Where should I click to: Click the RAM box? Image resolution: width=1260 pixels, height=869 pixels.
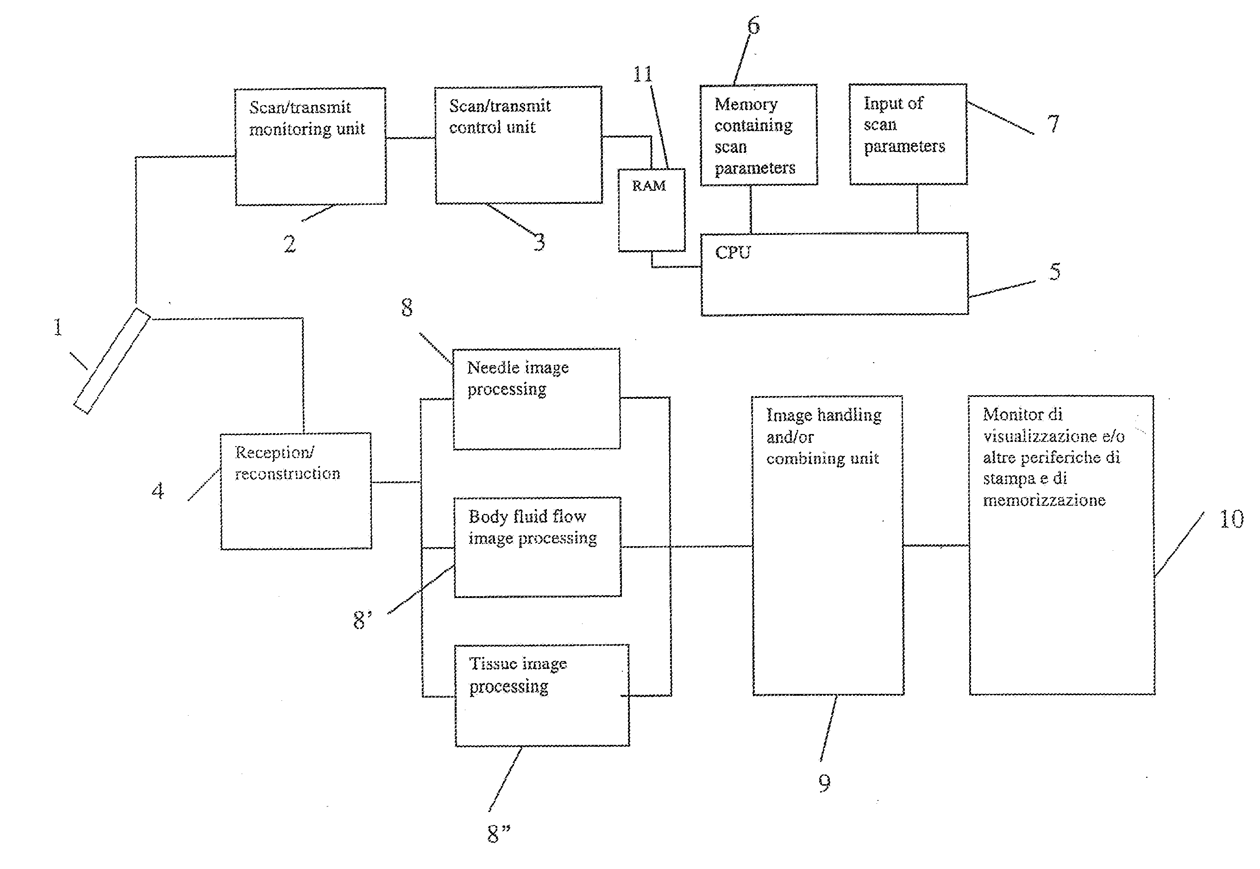651,210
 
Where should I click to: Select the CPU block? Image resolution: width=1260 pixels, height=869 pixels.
834,274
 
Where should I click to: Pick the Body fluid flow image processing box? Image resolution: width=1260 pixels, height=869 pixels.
537,547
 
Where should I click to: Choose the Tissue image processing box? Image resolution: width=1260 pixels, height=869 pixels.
542,695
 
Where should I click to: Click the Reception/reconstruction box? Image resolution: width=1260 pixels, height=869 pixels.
295,491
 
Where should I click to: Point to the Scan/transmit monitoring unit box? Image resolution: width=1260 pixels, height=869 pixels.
310,146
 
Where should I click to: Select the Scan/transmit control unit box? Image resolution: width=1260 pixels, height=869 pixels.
518,145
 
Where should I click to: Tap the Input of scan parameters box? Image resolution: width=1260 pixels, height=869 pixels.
908,134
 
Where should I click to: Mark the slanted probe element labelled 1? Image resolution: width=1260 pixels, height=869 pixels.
112,361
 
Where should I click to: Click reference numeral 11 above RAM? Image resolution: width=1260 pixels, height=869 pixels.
642,74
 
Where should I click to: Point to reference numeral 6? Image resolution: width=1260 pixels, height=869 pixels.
753,25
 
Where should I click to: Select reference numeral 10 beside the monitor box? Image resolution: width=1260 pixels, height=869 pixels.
1231,519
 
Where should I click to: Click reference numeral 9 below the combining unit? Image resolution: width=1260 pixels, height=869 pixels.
825,783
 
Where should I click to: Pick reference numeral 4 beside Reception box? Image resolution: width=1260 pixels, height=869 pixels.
158,491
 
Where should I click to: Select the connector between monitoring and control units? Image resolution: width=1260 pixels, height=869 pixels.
410,138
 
